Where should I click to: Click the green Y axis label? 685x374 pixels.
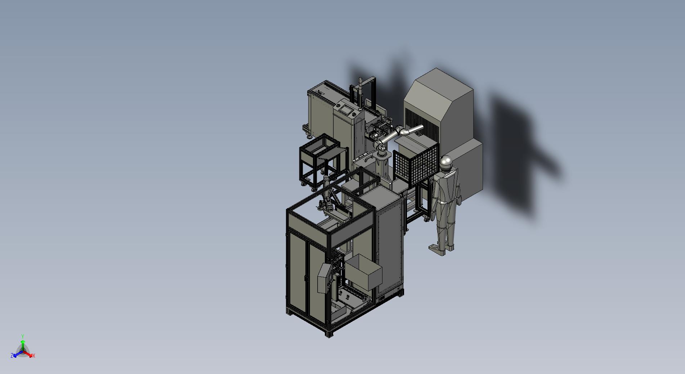pyautogui.click(x=22, y=336)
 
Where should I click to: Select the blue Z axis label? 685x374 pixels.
pyautogui.click(x=12, y=355)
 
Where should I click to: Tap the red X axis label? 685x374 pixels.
pyautogui.click(x=34, y=356)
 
